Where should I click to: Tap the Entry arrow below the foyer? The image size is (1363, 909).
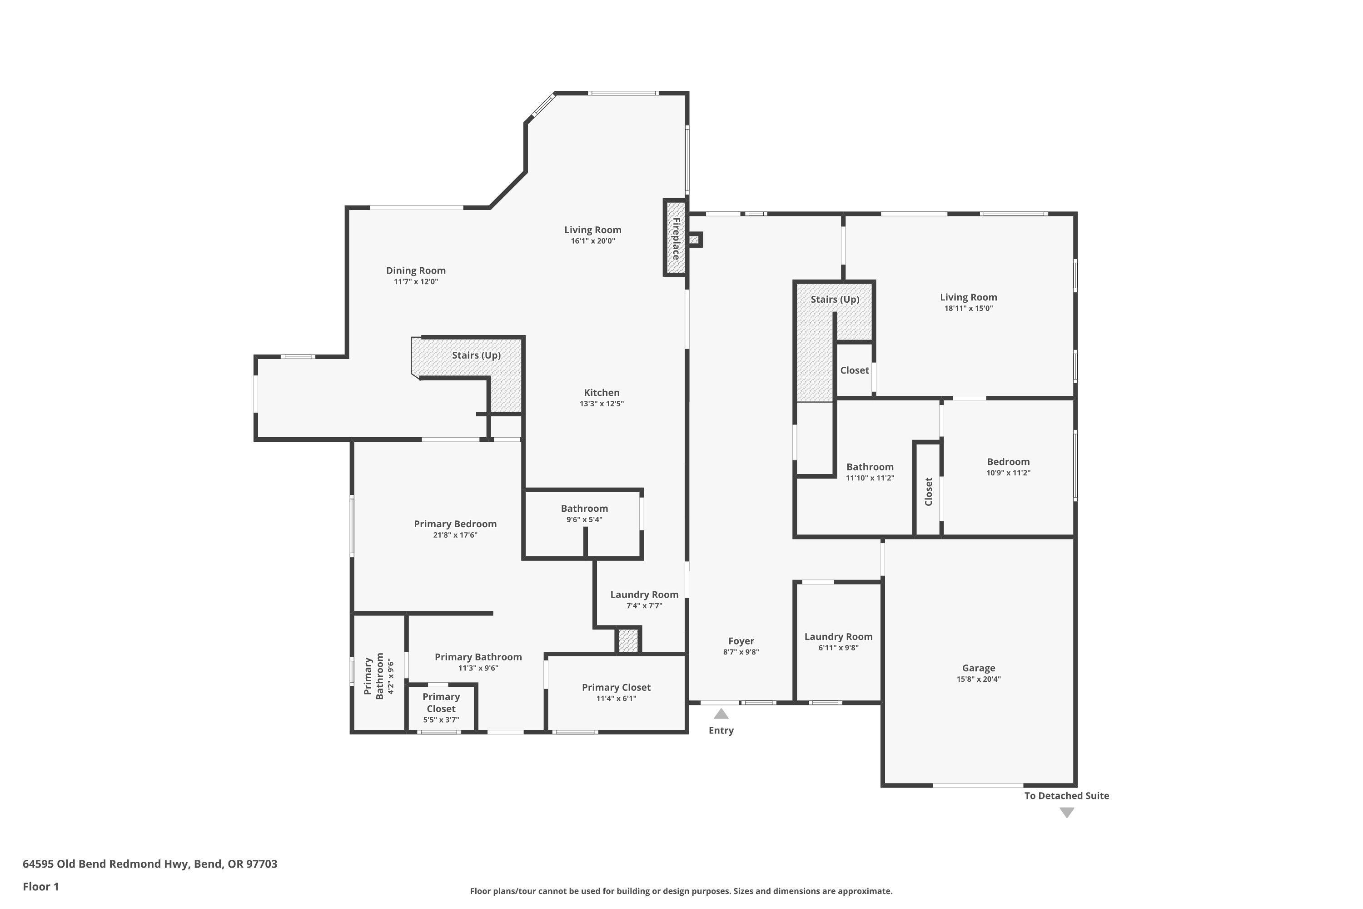[721, 714]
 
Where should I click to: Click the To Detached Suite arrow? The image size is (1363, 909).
[1067, 813]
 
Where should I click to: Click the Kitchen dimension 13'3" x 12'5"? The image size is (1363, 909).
[602, 404]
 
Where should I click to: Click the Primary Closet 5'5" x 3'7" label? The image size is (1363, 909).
[441, 703]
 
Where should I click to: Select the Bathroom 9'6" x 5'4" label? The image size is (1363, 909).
[584, 509]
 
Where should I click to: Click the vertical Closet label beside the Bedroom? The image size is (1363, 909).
[928, 492]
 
